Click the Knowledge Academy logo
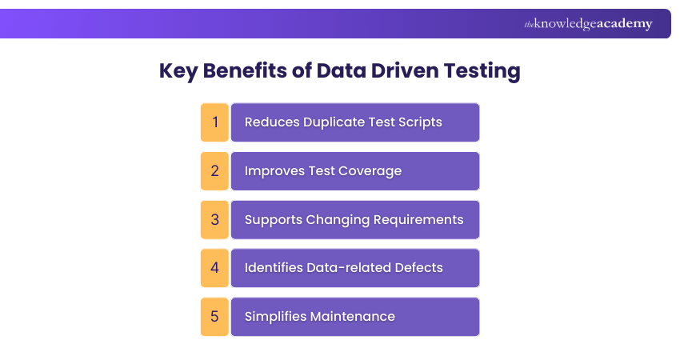pyautogui.click(x=588, y=24)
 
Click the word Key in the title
pyautogui.click(x=178, y=70)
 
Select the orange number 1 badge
pyautogui.click(x=214, y=122)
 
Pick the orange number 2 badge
pyautogui.click(x=214, y=171)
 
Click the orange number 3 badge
pyautogui.click(x=214, y=219)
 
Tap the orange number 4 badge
pyautogui.click(x=214, y=268)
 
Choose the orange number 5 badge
pyautogui.click(x=214, y=316)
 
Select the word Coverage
pyautogui.click(x=370, y=171)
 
